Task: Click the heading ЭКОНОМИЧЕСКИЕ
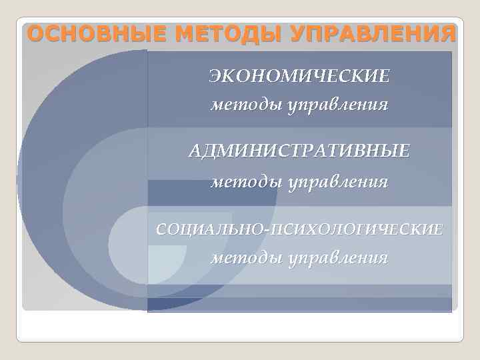point(299,76)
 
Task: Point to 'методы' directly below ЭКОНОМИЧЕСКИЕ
point(246,105)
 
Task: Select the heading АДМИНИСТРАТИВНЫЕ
point(299,151)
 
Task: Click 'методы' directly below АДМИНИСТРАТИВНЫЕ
point(246,181)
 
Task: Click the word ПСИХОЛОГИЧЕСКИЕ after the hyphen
point(356,229)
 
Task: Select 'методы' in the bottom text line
point(246,257)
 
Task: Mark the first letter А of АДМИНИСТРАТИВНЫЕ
point(195,151)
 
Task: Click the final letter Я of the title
point(449,32)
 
